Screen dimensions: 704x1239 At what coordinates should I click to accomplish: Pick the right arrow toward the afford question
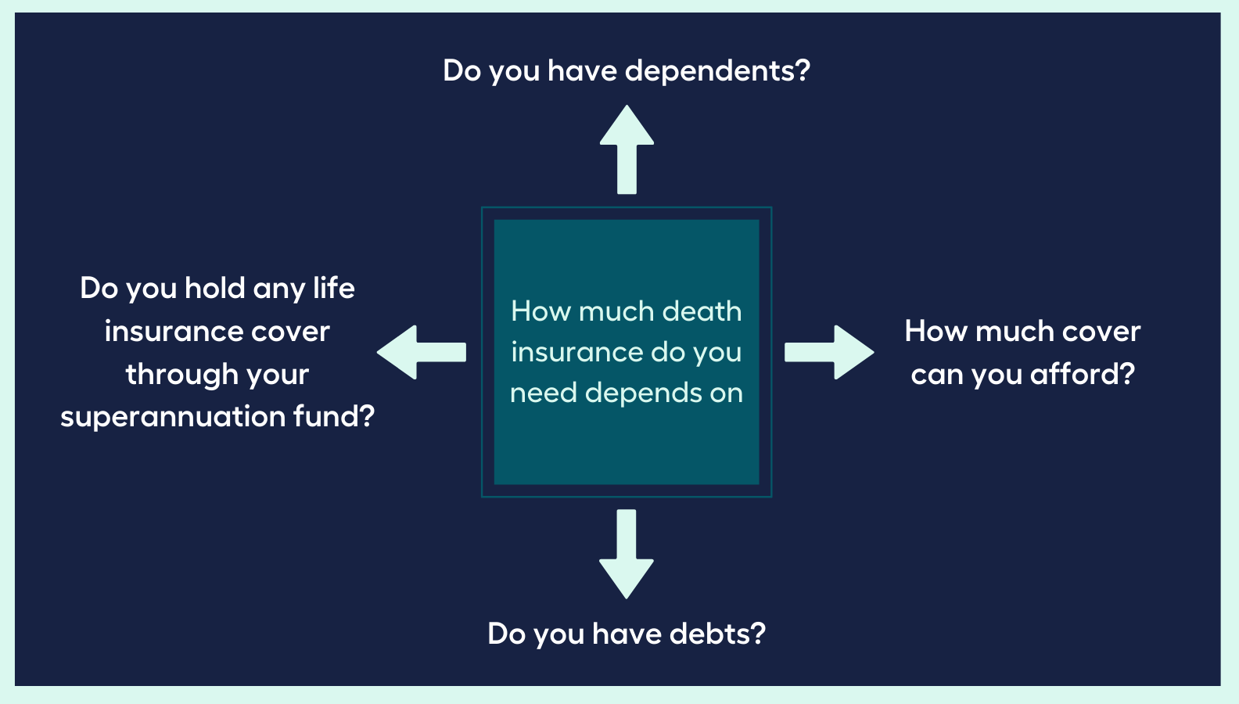point(830,353)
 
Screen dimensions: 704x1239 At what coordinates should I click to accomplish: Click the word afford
point(1082,374)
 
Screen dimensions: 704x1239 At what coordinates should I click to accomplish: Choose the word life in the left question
point(334,289)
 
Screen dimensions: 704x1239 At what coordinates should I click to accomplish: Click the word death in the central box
point(701,311)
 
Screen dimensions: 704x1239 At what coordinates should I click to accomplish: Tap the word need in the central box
point(543,393)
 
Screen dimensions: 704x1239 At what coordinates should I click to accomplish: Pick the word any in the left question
point(279,289)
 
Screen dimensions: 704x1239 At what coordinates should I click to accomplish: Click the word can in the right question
point(937,375)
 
